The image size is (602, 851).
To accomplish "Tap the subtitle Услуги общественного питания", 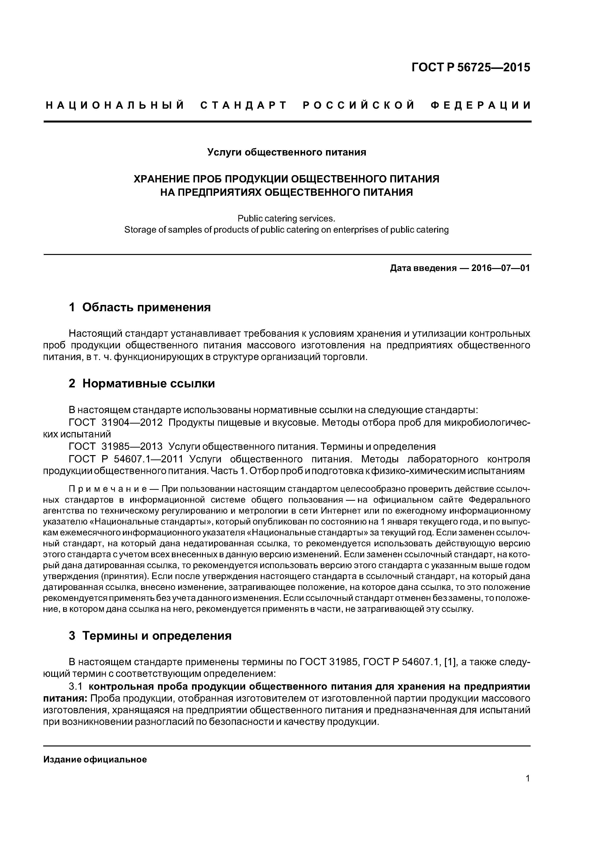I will pyautogui.click(x=286, y=152).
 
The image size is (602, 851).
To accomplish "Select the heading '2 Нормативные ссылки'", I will pyautogui.click(x=142, y=383).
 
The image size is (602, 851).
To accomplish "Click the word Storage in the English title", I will pyautogui.click(x=140, y=230).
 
